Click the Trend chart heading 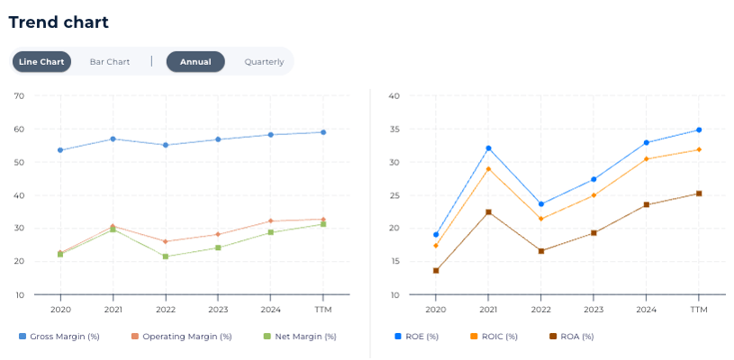pyautogui.click(x=59, y=22)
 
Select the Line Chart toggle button pyautogui.click(x=41, y=62)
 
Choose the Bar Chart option pyautogui.click(x=110, y=62)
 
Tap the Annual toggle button pyautogui.click(x=195, y=62)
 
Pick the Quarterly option pyautogui.click(x=264, y=62)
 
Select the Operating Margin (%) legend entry pyautogui.click(x=181, y=337)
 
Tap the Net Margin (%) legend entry pyautogui.click(x=300, y=337)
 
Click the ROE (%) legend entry pyautogui.click(x=417, y=337)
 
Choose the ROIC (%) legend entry pyautogui.click(x=494, y=337)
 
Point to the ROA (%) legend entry pyautogui.click(x=572, y=337)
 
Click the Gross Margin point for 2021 pyautogui.click(x=113, y=139)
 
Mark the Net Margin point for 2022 pyautogui.click(x=165, y=256)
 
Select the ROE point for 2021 pyautogui.click(x=488, y=148)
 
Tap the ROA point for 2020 pyautogui.click(x=436, y=271)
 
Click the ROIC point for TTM pyautogui.click(x=698, y=149)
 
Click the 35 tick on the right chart pyautogui.click(x=394, y=129)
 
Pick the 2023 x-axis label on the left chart pyautogui.click(x=217, y=309)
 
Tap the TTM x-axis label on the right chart pyautogui.click(x=698, y=309)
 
